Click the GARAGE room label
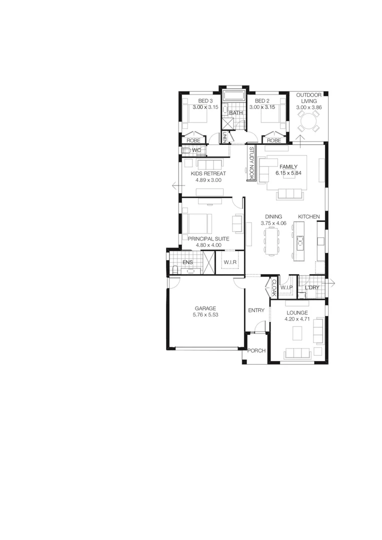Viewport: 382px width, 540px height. click(x=205, y=308)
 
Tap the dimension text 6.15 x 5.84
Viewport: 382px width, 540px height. click(x=288, y=173)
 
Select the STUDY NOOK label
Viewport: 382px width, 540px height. click(x=252, y=163)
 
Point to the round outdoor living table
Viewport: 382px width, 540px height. click(x=307, y=120)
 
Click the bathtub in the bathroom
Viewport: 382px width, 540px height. click(x=233, y=96)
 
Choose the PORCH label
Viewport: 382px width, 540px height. click(x=256, y=350)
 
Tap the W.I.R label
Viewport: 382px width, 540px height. click(x=230, y=262)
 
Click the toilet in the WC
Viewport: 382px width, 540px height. click(x=186, y=150)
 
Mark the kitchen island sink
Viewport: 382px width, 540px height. click(x=300, y=242)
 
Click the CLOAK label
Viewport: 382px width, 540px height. click(x=273, y=287)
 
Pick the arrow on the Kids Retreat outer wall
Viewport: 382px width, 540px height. click(x=175, y=185)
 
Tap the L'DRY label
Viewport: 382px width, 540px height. click(x=312, y=287)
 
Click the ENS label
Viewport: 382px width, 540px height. click(x=187, y=262)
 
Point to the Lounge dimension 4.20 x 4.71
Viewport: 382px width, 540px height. click(x=297, y=319)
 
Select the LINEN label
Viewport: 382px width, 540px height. click(x=225, y=137)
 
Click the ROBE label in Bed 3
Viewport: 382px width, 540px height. click(x=193, y=140)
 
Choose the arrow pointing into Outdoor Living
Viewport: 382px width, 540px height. click(x=301, y=139)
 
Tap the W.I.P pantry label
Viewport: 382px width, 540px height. click(x=286, y=287)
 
